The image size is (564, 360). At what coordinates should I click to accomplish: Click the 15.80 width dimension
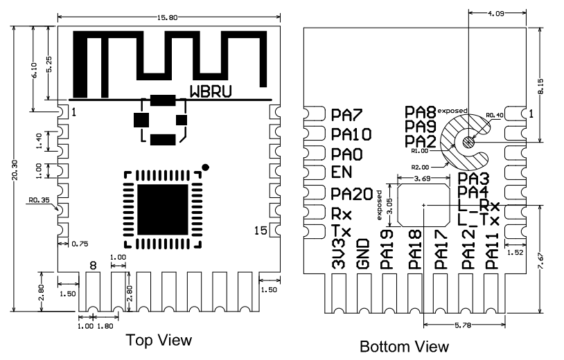pyautogui.click(x=167, y=17)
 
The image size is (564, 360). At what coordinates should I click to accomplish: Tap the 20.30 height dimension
pyautogui.click(x=15, y=170)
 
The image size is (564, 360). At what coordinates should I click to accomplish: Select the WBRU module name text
pyautogui.click(x=211, y=91)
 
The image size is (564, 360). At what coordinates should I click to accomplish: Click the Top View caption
pyautogui.click(x=159, y=340)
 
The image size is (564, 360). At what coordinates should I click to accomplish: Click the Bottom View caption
pyautogui.click(x=404, y=347)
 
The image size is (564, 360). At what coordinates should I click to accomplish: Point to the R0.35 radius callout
pyautogui.click(x=39, y=200)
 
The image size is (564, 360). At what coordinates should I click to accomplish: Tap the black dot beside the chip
pyautogui.click(x=205, y=167)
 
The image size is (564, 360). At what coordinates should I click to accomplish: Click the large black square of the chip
pyautogui.click(x=163, y=209)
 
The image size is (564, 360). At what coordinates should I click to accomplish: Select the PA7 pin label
pyautogui.click(x=346, y=115)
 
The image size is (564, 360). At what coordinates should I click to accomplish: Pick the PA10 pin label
pyautogui.click(x=351, y=134)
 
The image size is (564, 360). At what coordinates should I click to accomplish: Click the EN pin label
pyautogui.click(x=342, y=172)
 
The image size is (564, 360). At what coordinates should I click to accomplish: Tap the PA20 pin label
pyautogui.click(x=352, y=194)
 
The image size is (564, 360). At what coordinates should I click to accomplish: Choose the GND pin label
pyautogui.click(x=363, y=254)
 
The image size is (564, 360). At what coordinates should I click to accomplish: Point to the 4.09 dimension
pyautogui.click(x=495, y=13)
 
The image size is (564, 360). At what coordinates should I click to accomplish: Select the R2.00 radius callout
pyautogui.click(x=420, y=167)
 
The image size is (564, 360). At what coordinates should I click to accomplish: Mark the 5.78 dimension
pyautogui.click(x=463, y=325)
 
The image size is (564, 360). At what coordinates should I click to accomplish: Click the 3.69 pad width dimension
pyautogui.click(x=422, y=178)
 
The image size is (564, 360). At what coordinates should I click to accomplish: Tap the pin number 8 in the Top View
pyautogui.click(x=93, y=266)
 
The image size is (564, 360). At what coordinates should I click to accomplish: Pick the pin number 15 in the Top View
pyautogui.click(x=261, y=231)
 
